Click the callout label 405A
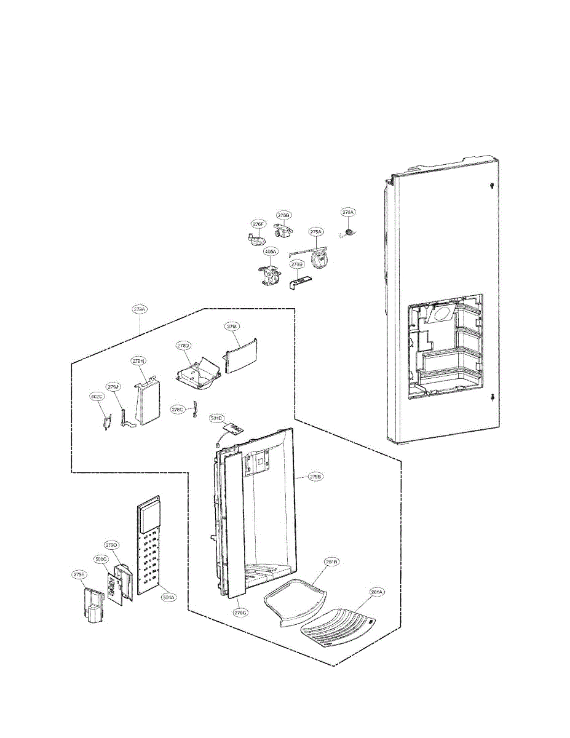(x=271, y=252)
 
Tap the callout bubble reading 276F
(x=258, y=224)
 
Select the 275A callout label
(x=315, y=232)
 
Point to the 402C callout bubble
(x=97, y=397)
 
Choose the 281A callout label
(x=376, y=592)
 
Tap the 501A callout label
(x=168, y=596)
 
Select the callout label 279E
(x=79, y=575)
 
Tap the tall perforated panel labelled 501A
(x=148, y=547)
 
